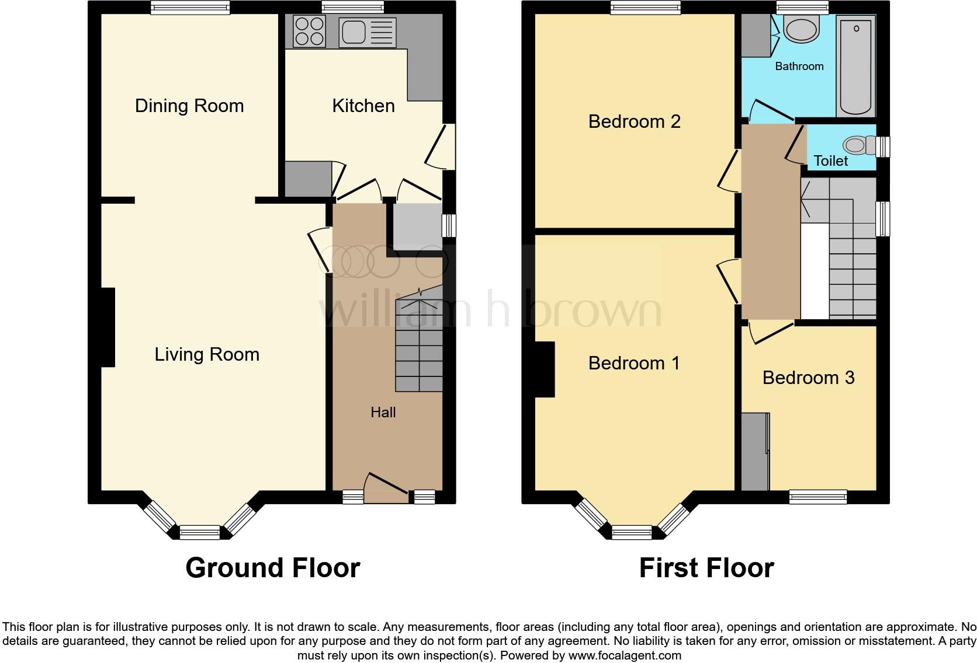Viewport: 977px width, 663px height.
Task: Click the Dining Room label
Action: pyautogui.click(x=189, y=106)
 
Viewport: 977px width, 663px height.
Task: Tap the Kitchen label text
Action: pyautogui.click(x=363, y=106)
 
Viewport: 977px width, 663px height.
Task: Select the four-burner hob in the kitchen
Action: pyautogui.click(x=310, y=32)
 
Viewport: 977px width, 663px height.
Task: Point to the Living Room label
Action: pyautogui.click(x=206, y=354)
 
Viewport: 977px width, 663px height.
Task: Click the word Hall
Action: pyautogui.click(x=383, y=413)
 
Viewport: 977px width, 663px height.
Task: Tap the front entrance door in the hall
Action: pyautogui.click(x=386, y=487)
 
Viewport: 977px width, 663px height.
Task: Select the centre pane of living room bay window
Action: pyautogui.click(x=199, y=532)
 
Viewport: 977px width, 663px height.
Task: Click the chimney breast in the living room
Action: pyautogui.click(x=108, y=327)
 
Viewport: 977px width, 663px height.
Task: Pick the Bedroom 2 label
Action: pyautogui.click(x=634, y=121)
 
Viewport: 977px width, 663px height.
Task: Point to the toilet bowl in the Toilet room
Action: pyautogui.click(x=857, y=145)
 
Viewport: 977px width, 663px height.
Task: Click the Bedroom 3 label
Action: pyautogui.click(x=808, y=378)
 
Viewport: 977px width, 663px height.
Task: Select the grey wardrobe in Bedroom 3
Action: pyautogui.click(x=755, y=451)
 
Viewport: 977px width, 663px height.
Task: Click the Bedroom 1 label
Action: pyautogui.click(x=634, y=363)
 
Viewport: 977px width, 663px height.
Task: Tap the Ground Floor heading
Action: pyautogui.click(x=272, y=567)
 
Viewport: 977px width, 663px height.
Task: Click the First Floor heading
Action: pyautogui.click(x=706, y=567)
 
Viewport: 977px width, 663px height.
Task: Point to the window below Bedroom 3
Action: pyautogui.click(x=817, y=497)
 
